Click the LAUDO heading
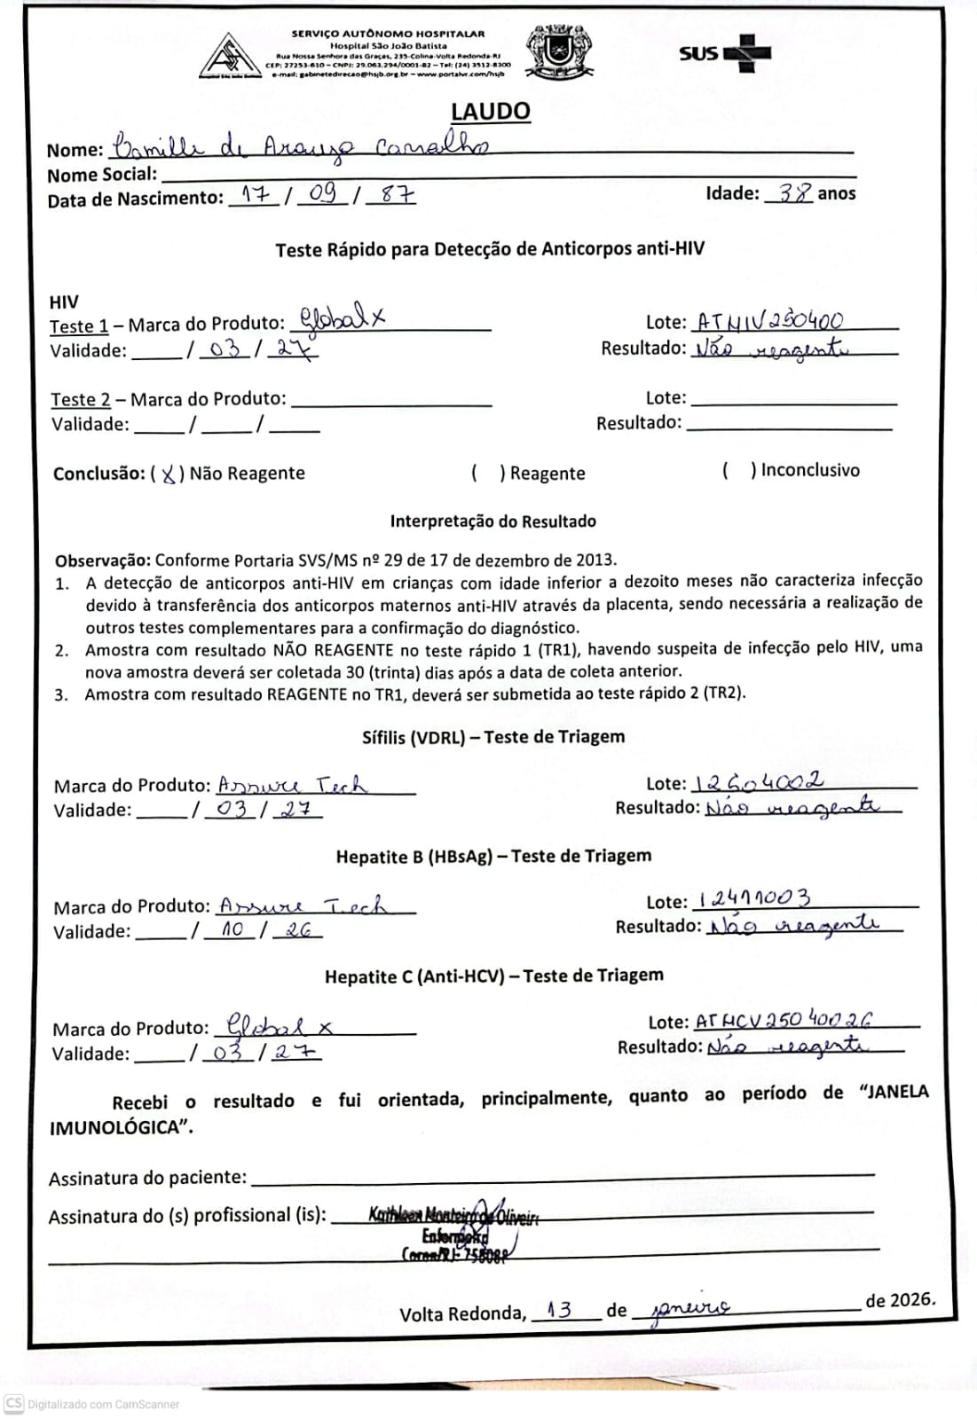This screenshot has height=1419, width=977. (490, 112)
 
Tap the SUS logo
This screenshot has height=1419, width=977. (725, 52)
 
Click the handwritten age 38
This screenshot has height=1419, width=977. (794, 192)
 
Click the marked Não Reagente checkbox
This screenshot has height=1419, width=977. (168, 474)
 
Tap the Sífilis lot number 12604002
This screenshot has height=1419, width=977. (759, 782)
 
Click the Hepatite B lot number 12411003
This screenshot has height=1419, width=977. (754, 899)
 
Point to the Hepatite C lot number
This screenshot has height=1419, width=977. (784, 1020)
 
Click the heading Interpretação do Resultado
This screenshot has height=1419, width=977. (492, 521)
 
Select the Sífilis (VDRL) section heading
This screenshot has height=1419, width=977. (492, 737)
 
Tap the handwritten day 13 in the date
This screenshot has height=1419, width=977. (560, 1310)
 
